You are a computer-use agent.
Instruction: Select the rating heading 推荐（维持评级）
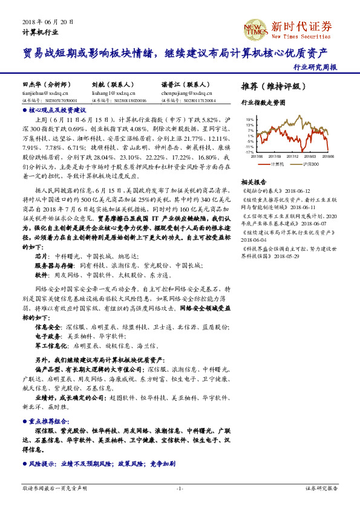tap(269, 86)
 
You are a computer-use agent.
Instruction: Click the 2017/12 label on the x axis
tap(292, 155)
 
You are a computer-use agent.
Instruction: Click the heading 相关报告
tap(254, 181)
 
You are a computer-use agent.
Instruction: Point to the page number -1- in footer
tap(180, 487)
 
